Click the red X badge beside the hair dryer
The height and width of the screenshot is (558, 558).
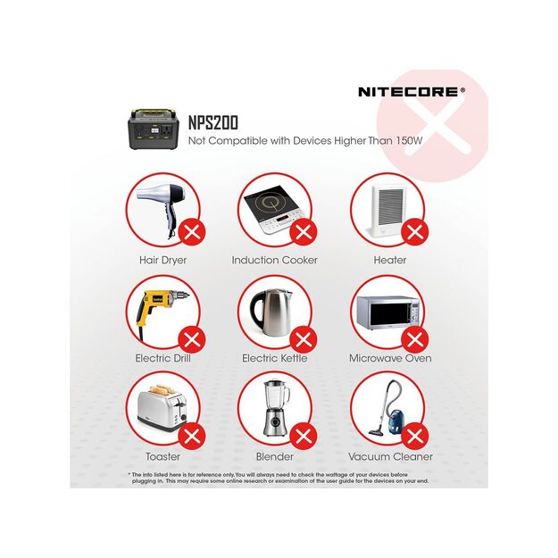point(192,233)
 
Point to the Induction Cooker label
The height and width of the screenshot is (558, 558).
point(274,260)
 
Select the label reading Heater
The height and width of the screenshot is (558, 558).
point(390,260)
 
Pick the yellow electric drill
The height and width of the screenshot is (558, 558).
point(157,312)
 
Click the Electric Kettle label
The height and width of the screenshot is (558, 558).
point(274,358)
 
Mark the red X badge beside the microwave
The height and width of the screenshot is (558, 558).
point(413,340)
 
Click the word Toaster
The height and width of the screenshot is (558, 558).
point(162,456)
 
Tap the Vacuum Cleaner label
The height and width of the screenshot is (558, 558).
point(390,456)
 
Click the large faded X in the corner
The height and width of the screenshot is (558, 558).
point(432,125)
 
